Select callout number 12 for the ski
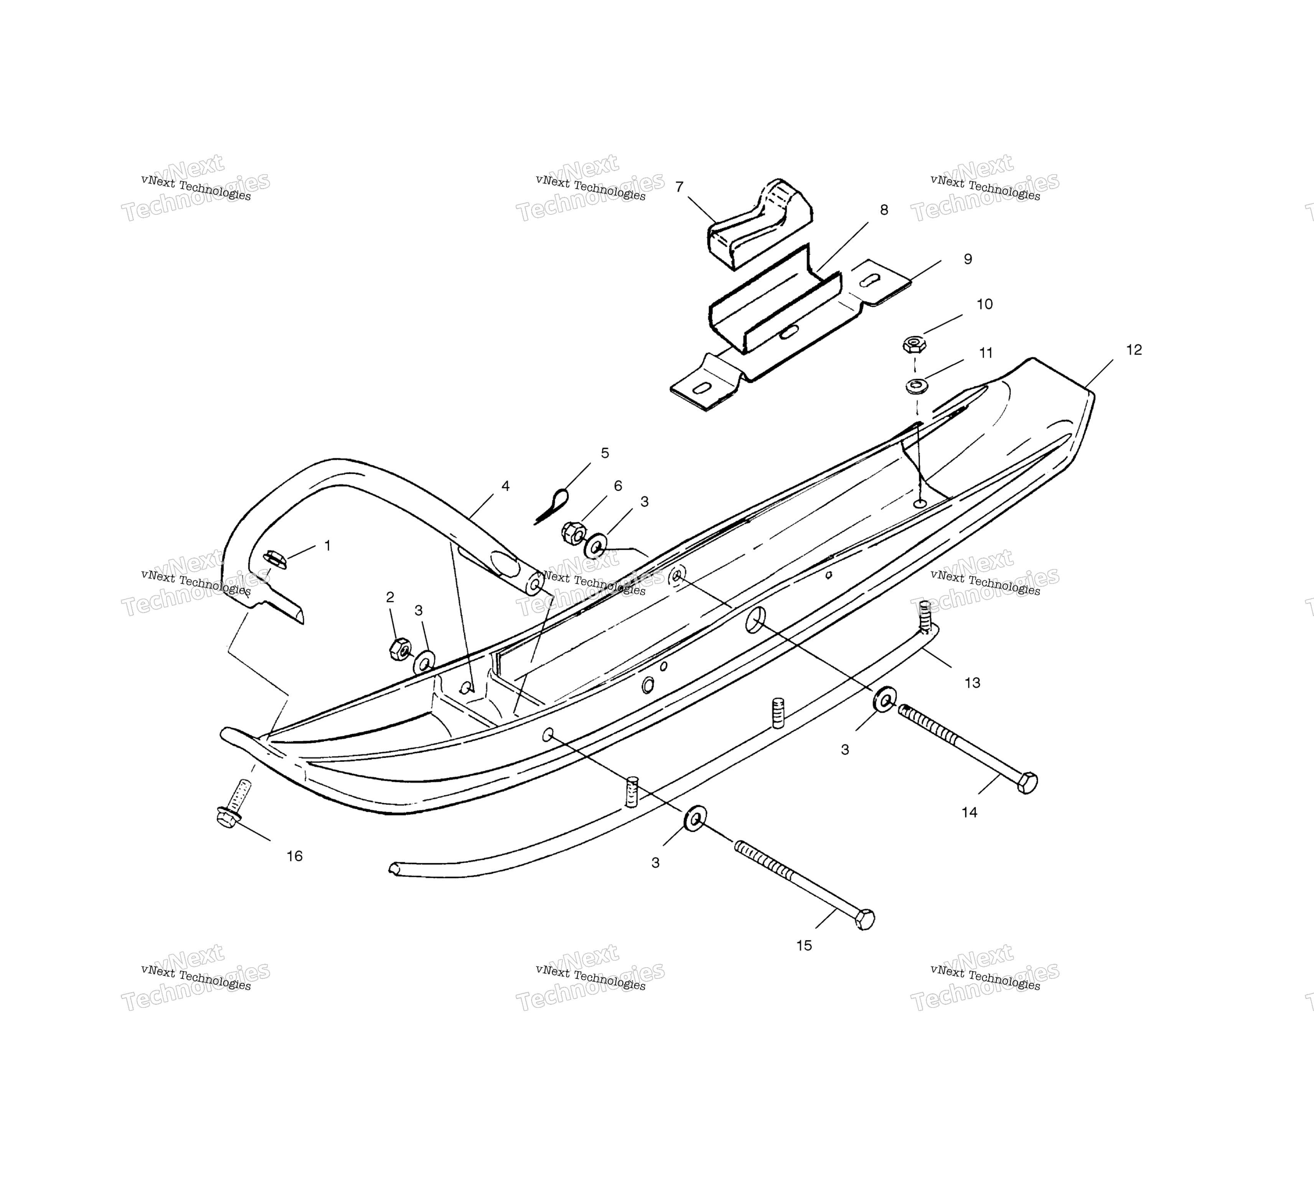(1134, 350)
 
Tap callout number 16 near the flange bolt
(295, 856)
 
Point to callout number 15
(804, 946)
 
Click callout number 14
(969, 812)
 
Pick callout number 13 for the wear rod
(972, 683)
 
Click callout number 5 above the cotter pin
(605, 453)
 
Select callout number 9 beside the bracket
(968, 259)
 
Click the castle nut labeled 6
(574, 532)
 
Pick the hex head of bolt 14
(1027, 783)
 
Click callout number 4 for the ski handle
(505, 486)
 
